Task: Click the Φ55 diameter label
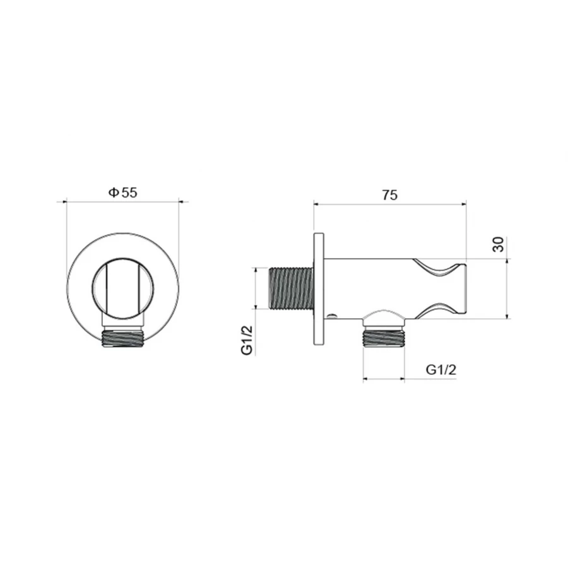click(123, 192)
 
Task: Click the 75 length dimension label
click(390, 195)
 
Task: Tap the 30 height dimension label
click(499, 244)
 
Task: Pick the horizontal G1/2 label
click(441, 370)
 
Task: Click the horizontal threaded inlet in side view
click(291, 288)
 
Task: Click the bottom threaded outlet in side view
click(384, 337)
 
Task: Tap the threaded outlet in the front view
click(123, 338)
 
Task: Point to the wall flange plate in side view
click(319, 288)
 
